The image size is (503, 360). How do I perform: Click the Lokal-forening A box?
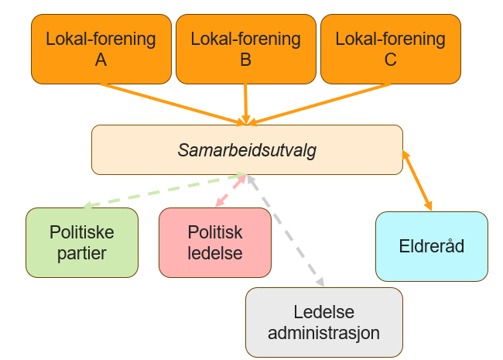point(101,48)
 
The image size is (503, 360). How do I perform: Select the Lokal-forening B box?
point(245,48)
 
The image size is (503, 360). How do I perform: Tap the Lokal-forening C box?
point(391,48)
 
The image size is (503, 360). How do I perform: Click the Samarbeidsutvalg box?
point(247,149)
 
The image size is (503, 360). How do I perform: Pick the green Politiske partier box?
point(82,242)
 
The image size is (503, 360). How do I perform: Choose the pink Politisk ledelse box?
point(215,242)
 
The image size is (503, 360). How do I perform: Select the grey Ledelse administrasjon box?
point(324,323)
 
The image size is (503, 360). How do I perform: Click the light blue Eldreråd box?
point(432,246)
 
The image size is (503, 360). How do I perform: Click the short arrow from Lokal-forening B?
point(245,102)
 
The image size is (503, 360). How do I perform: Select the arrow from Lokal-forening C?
point(325,103)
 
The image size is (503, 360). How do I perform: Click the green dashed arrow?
point(163,190)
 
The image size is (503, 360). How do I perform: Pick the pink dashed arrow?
point(231,190)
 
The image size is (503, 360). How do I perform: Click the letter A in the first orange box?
point(101,59)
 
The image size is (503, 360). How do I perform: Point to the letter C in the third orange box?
point(390,59)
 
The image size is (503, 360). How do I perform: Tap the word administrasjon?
point(324,333)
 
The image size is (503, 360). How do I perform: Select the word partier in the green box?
point(82,252)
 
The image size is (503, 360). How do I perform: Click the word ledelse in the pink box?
point(215,252)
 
